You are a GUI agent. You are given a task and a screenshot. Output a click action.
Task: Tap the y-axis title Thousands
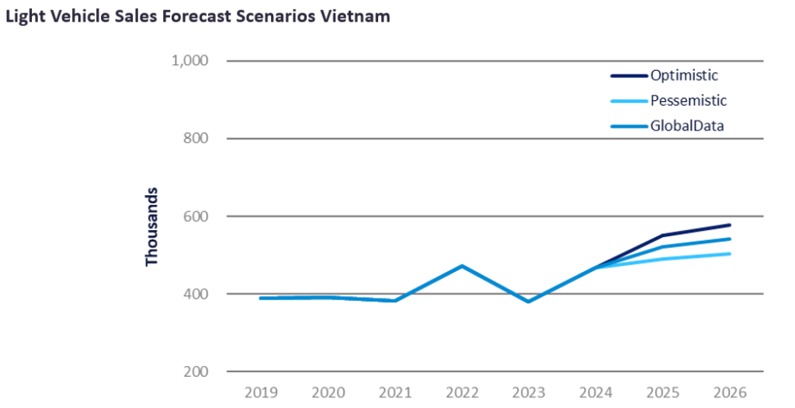[x=152, y=226]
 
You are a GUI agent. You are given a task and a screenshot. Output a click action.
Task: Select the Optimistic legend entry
[x=684, y=75]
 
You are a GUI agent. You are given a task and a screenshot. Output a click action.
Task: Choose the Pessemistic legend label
[x=689, y=100]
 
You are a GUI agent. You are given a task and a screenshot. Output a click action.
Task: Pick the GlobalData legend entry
[x=687, y=124]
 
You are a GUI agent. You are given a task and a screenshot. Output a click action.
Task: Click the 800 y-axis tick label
[x=197, y=138]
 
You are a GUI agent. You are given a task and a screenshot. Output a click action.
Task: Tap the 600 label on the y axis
[x=197, y=216]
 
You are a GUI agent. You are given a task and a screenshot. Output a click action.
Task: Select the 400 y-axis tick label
[x=197, y=294]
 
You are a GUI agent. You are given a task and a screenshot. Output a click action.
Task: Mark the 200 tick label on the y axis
[x=197, y=371]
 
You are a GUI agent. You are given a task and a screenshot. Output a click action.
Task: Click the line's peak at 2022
[x=462, y=266]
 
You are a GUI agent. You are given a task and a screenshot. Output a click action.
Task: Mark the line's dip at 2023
[x=529, y=302]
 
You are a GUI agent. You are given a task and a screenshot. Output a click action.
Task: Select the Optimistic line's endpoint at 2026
[x=730, y=225]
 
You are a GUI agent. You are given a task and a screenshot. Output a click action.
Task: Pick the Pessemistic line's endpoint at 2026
[x=730, y=253]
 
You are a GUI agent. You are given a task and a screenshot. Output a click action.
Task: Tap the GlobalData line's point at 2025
[x=663, y=247]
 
